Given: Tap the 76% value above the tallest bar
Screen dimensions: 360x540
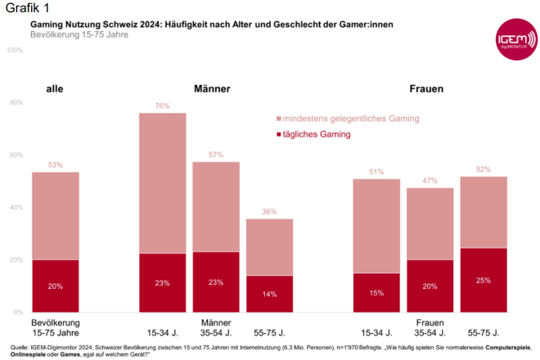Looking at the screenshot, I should point(162,106).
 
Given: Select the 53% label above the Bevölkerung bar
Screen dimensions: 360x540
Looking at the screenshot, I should point(56,165).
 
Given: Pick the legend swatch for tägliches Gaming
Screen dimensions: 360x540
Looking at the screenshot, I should point(279,134).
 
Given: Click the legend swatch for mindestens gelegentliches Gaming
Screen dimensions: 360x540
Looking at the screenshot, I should point(279,118).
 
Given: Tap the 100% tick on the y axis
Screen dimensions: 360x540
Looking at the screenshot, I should point(15,51).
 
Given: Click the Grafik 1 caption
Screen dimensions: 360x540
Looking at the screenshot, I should point(22,8).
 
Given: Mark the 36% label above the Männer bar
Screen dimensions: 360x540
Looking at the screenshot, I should point(270,212).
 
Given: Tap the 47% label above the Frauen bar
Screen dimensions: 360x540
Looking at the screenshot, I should point(430,181).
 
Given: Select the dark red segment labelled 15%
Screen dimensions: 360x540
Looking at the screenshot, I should point(376,292).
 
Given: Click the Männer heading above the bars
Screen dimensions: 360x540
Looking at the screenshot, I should point(212,88).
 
